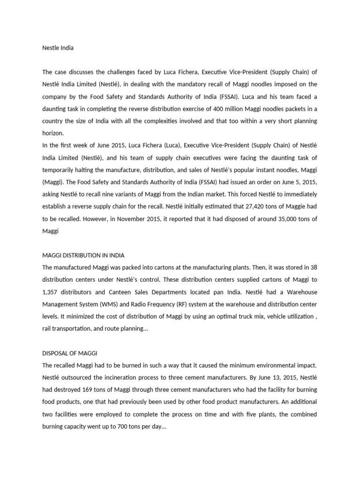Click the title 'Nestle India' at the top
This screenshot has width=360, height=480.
[58, 48]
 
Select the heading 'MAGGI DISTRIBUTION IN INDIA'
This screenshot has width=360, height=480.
[83, 255]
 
